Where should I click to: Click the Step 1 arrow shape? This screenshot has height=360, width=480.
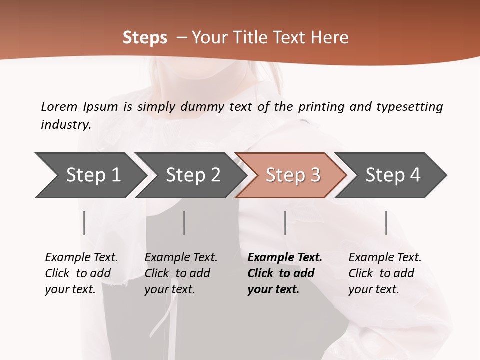[x=93, y=175]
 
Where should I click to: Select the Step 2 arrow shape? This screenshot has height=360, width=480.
[x=193, y=175]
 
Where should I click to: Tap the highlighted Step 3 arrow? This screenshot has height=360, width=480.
[x=293, y=175]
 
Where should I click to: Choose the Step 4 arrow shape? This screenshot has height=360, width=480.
[x=393, y=175]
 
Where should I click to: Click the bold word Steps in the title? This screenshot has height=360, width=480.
[x=145, y=38]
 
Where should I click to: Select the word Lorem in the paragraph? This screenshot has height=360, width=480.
[x=59, y=106]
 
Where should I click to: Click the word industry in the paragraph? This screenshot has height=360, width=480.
[x=65, y=124]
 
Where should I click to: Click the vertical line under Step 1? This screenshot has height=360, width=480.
[x=84, y=223]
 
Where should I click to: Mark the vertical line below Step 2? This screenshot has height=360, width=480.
[x=184, y=223]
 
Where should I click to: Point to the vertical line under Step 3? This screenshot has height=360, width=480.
[x=285, y=223]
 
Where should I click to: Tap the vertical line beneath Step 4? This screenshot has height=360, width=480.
[x=386, y=223]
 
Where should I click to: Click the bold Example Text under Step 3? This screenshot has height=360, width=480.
[x=285, y=257]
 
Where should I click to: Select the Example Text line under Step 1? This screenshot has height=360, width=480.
[x=81, y=257]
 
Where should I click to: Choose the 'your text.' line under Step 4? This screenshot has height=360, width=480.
[x=373, y=289]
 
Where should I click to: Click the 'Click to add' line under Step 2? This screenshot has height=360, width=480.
[x=177, y=273]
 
